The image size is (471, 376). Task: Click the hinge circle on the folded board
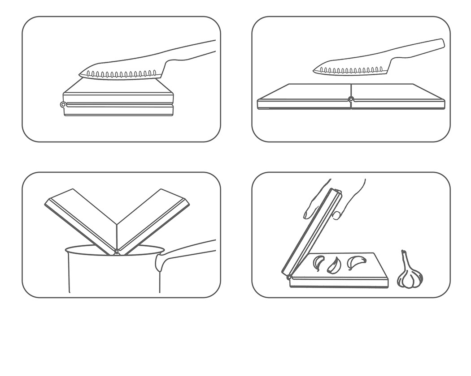(x=63, y=104)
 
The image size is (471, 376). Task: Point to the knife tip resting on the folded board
(x=82, y=75)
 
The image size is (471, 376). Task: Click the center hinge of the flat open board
(x=351, y=99)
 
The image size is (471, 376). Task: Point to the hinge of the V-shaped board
(x=117, y=251)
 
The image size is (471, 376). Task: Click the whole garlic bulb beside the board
(x=410, y=277)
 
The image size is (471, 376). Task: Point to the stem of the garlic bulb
(x=405, y=257)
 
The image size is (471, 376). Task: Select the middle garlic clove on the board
(x=334, y=265)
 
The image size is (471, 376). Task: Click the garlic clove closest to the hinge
(x=318, y=262)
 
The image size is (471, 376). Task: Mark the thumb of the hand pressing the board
(x=336, y=215)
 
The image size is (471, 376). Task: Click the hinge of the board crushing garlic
(x=289, y=278)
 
